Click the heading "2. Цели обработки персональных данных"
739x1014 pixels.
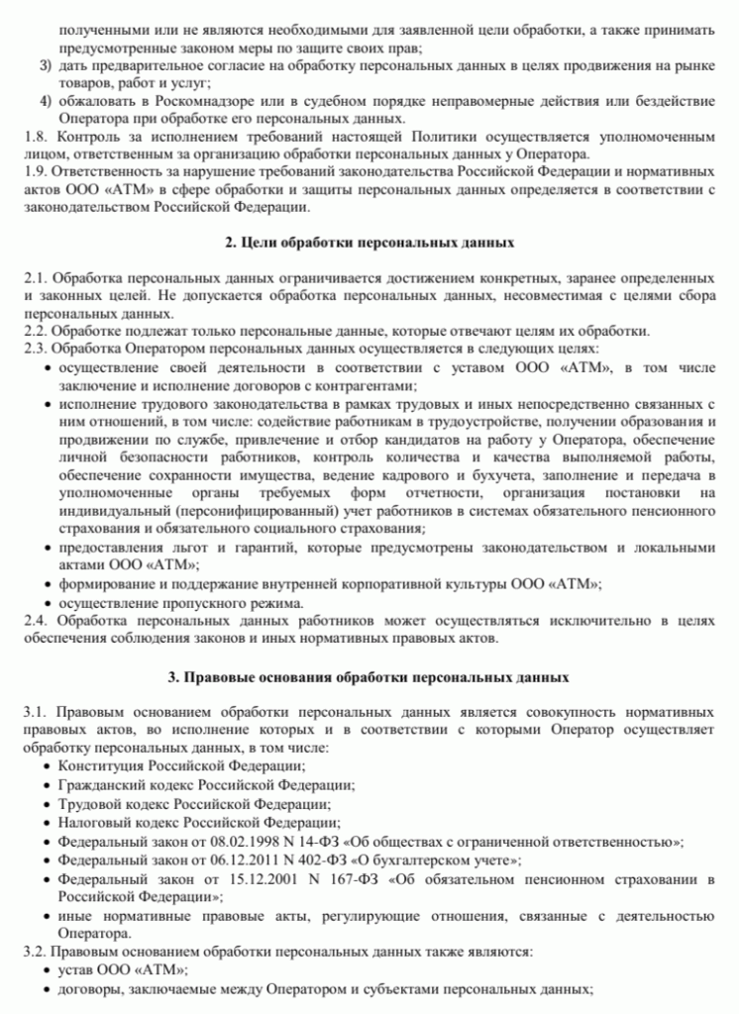(x=369, y=243)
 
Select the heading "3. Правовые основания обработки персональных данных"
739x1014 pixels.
(x=369, y=678)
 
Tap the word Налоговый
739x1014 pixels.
(x=96, y=822)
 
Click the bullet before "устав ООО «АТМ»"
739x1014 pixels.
(x=49, y=970)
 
